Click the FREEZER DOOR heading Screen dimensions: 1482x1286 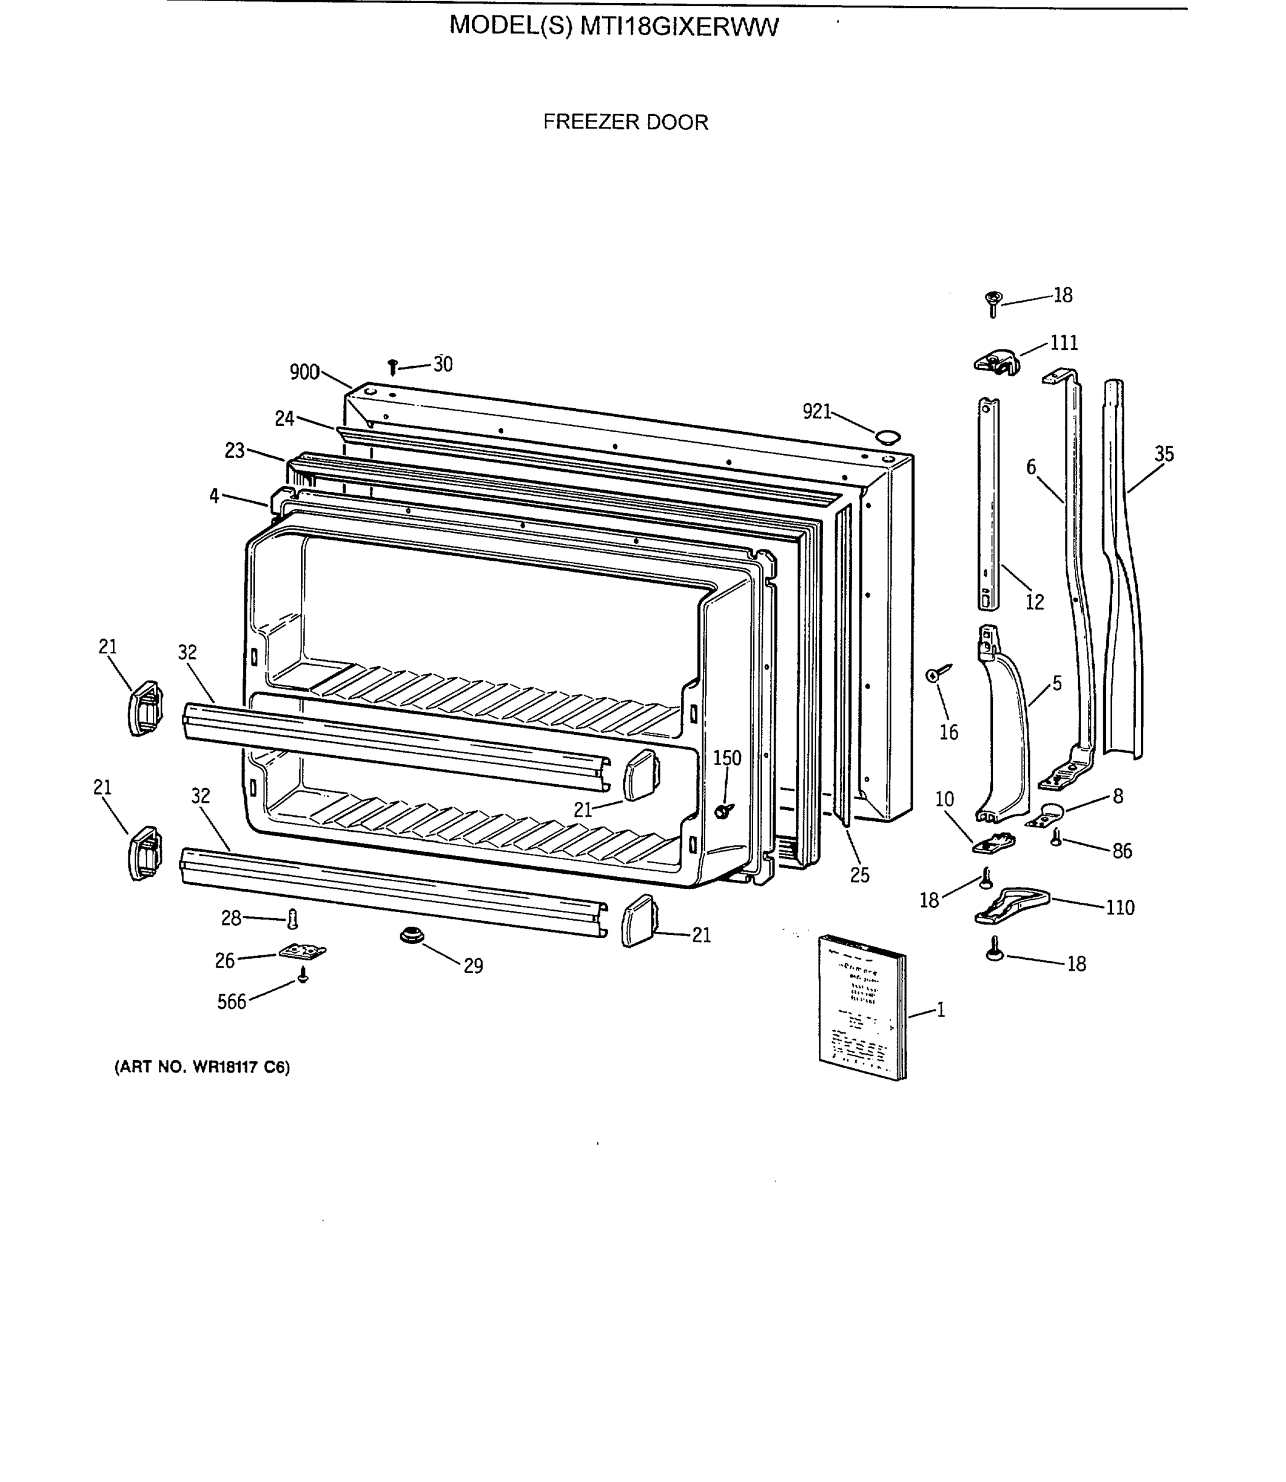pos(625,122)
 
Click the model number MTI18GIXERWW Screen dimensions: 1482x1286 pos(678,27)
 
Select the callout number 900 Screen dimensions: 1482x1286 pos(304,372)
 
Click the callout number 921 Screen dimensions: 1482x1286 pos(816,411)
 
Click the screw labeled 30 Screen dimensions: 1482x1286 pos(392,367)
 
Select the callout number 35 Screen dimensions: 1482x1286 pos(1164,454)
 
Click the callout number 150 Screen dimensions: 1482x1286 pos(726,758)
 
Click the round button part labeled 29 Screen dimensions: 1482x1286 pos(411,936)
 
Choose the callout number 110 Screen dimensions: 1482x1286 pos(1119,908)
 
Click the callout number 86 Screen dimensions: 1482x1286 pos(1122,851)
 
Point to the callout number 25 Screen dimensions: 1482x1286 pos(859,874)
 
